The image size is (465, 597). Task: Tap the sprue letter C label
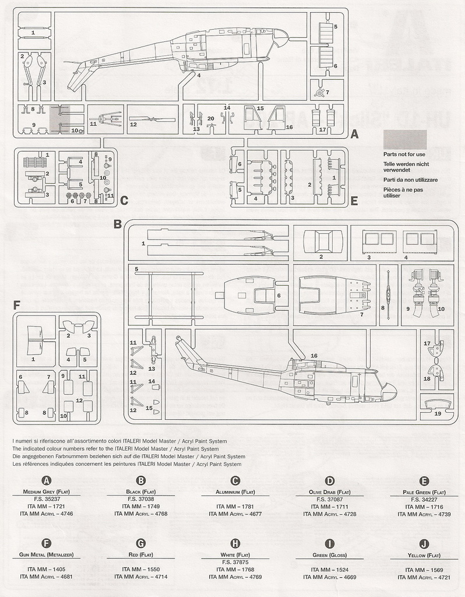(x=124, y=201)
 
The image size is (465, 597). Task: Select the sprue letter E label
(x=354, y=201)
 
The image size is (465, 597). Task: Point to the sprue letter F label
(x=16, y=304)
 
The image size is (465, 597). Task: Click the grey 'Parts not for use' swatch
(x=404, y=139)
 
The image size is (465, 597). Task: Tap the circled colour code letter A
(x=46, y=480)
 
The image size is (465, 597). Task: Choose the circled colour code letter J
(x=424, y=543)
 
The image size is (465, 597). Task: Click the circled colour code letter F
(x=46, y=543)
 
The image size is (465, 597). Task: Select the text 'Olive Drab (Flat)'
(x=329, y=492)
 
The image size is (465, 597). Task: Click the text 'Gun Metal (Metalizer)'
(x=46, y=554)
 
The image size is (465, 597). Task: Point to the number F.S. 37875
(x=235, y=562)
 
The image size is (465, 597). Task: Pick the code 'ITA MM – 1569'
(x=424, y=569)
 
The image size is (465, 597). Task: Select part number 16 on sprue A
(x=289, y=127)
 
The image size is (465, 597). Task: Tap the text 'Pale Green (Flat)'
(x=424, y=492)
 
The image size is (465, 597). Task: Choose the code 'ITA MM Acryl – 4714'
(x=140, y=577)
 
